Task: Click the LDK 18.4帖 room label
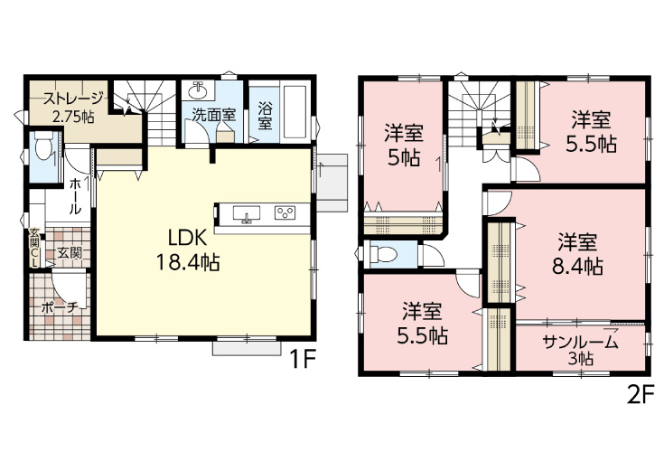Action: click(188, 250)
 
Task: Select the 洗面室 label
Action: click(214, 115)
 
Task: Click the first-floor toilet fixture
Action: click(42, 147)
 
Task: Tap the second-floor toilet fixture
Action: click(383, 254)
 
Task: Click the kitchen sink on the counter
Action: click(246, 212)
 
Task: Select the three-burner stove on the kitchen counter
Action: click(285, 212)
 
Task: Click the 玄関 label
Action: click(70, 253)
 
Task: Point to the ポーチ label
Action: click(61, 307)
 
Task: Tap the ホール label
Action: click(75, 196)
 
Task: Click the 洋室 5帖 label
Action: click(404, 146)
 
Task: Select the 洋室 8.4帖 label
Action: click(577, 255)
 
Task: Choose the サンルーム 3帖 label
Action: click(580, 349)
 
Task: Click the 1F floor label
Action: click(303, 361)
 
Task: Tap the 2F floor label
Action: click(640, 397)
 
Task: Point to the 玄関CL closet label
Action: click(34, 248)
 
